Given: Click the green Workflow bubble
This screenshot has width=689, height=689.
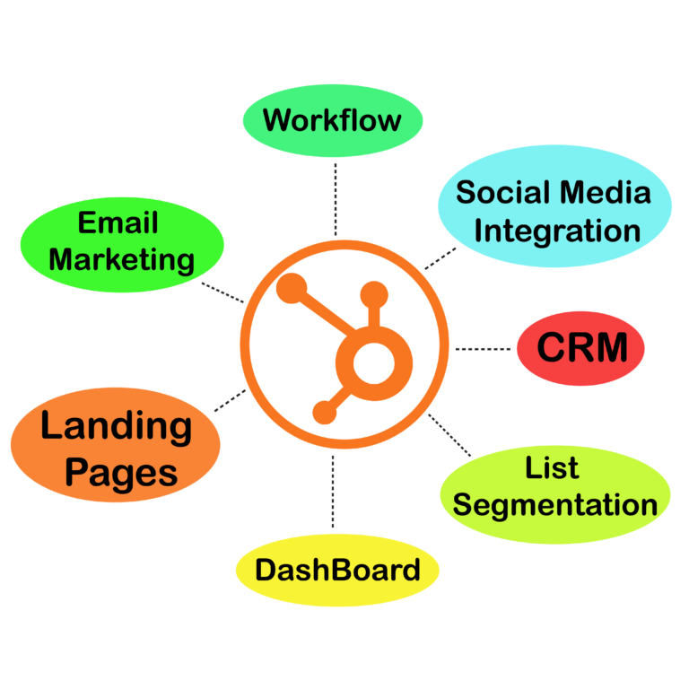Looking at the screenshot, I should (x=332, y=120).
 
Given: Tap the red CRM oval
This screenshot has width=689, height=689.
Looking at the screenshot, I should (x=580, y=348).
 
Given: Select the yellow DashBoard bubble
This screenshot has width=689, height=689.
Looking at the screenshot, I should (x=336, y=570).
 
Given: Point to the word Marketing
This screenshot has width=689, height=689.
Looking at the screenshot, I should (x=121, y=260).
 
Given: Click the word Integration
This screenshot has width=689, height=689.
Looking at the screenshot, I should (x=557, y=231).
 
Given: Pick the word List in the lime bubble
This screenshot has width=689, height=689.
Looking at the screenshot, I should (x=552, y=467).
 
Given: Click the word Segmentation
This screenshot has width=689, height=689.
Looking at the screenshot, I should (x=555, y=505).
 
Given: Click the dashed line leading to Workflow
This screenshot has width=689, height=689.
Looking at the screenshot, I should (x=335, y=197).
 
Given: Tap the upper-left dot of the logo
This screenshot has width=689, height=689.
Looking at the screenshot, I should (x=291, y=289).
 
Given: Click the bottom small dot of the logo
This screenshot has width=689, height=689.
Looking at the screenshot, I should (x=324, y=413).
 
